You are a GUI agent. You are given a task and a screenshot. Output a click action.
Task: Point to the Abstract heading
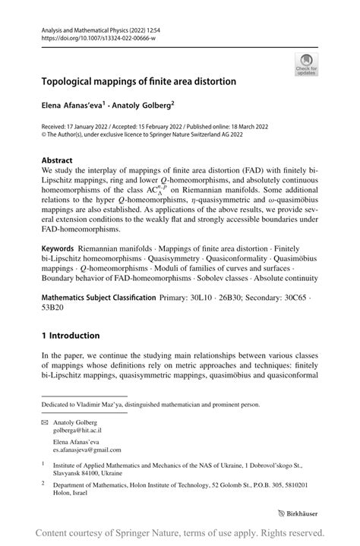(x=57, y=161)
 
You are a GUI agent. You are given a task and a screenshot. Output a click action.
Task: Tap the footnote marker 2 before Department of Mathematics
(x=44, y=483)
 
